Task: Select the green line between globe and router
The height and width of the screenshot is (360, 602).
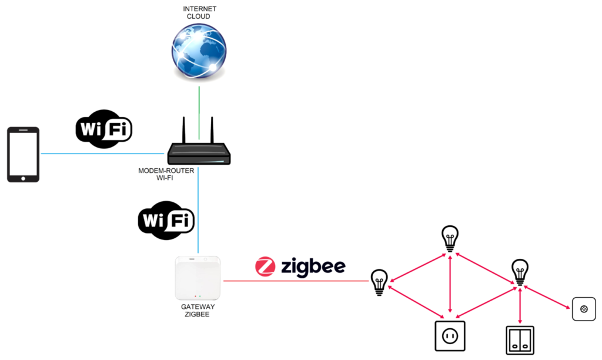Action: (199, 112)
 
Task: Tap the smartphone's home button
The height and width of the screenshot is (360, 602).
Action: (23, 176)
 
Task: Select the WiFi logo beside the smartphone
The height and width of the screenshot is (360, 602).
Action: (104, 128)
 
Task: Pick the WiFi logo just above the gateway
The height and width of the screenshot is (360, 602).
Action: (166, 221)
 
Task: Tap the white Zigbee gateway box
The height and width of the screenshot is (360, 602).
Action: (198, 277)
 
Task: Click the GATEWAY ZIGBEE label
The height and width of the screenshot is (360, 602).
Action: (198, 311)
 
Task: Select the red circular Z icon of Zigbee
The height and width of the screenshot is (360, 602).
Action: (265, 266)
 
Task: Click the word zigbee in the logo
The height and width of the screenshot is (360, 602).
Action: (312, 267)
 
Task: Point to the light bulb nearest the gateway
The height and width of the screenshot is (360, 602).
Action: (379, 282)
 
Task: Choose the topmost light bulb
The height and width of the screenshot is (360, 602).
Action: (450, 238)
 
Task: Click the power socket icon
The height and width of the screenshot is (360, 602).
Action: (450, 336)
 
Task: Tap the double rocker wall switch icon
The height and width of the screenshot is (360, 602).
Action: (520, 341)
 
